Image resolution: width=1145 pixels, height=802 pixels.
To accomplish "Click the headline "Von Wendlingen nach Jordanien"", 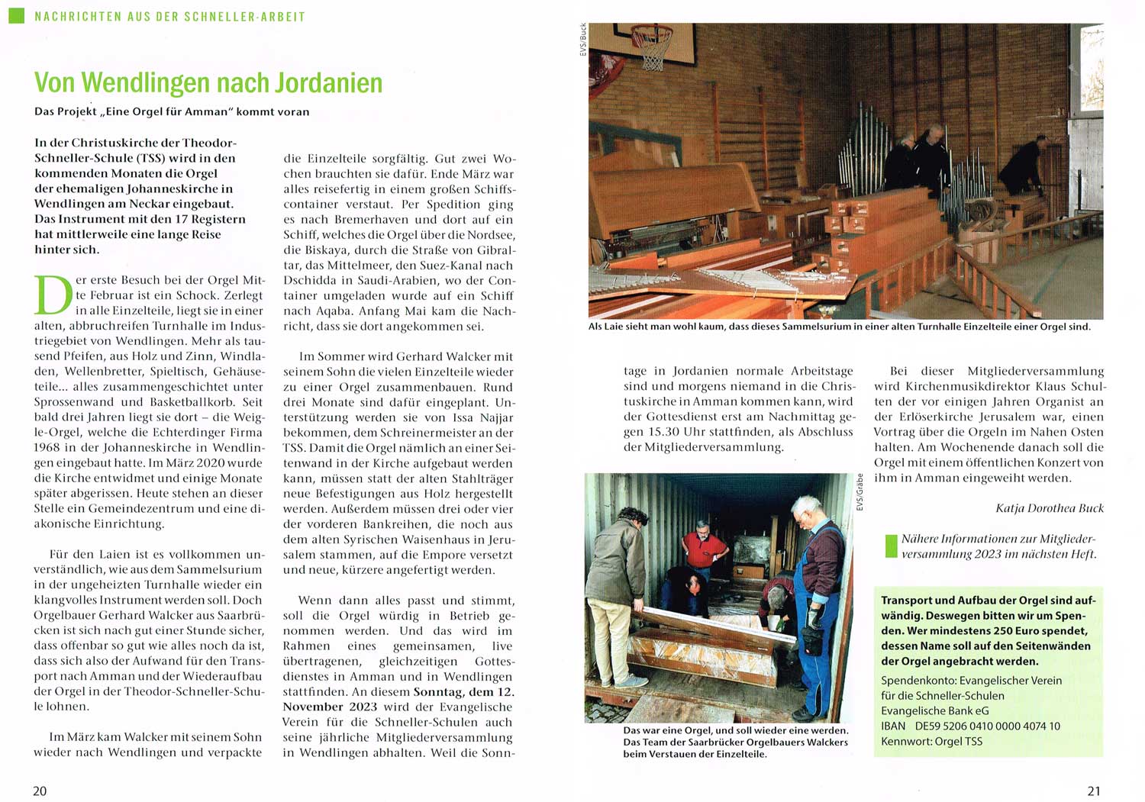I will (x=208, y=82).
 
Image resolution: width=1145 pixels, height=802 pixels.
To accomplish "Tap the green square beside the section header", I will (x=16, y=15).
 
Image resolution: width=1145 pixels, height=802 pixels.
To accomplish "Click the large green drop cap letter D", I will (x=53, y=295).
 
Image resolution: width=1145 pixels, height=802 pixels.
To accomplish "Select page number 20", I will (x=40, y=791).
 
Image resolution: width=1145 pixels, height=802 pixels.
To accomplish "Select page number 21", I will (x=1094, y=791).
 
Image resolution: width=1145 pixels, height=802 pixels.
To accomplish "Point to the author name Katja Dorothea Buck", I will (x=1050, y=508).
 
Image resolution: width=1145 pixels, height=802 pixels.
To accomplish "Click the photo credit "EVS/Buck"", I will (x=583, y=40).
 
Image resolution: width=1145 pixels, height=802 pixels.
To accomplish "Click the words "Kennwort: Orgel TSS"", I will (x=932, y=741).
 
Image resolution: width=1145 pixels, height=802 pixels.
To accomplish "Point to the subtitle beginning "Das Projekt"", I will (x=172, y=111).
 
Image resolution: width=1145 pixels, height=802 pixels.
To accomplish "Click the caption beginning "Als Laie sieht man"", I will (x=840, y=327).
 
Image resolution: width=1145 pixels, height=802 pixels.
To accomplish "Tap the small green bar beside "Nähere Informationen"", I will (x=890, y=546).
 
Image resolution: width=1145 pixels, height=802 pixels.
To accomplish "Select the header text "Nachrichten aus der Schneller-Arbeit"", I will (x=170, y=16).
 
